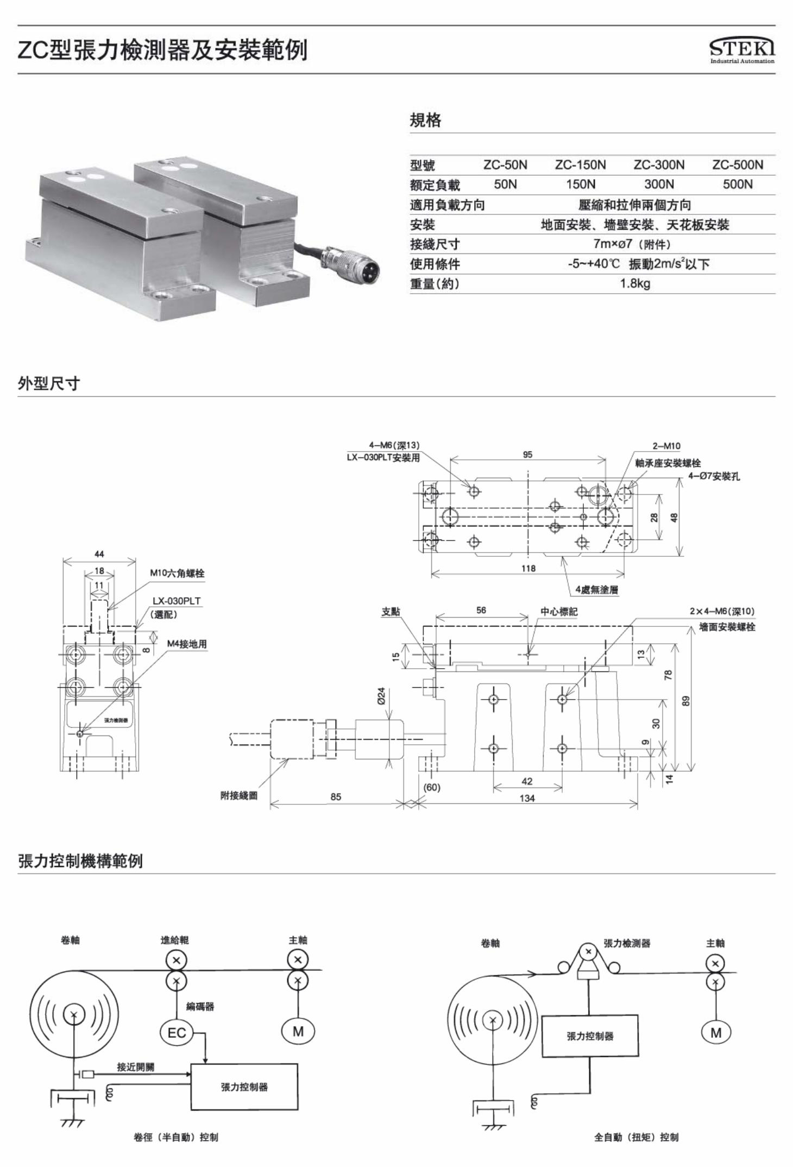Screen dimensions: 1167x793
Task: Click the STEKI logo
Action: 742,50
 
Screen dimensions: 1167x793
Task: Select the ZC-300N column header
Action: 659,164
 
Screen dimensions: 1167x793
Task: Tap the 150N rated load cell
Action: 580,185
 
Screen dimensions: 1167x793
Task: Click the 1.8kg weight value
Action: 635,283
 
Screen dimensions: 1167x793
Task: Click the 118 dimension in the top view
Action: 528,568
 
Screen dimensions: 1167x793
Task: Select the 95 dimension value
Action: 527,455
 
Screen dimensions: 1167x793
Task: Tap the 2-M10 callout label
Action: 666,446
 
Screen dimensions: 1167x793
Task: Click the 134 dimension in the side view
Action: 527,798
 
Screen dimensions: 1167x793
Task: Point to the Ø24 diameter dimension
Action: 381,695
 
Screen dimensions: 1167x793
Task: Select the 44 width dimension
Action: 99,554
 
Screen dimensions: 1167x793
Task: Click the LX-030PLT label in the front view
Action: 176,601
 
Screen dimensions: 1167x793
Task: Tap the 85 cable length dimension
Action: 336,797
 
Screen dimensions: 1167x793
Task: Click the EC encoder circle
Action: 177,1032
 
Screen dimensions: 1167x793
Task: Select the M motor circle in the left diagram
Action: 298,1031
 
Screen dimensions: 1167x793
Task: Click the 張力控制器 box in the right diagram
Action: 590,1036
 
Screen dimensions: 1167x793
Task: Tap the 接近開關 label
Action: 135,1067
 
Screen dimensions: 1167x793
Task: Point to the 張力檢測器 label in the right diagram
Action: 627,943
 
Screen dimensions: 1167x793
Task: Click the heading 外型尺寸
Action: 49,384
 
